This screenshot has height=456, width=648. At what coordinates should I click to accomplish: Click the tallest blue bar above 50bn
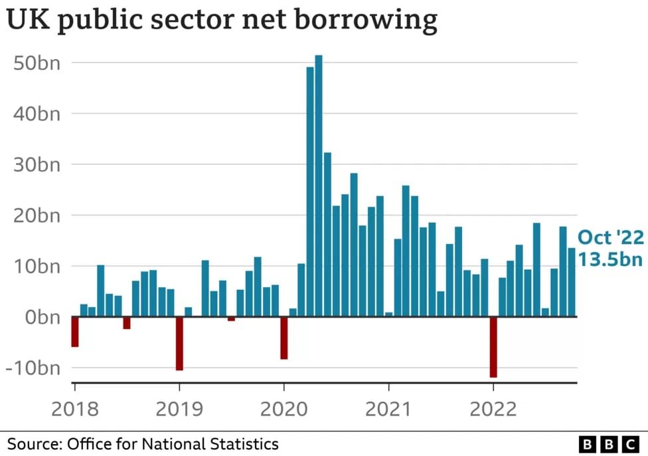point(319,186)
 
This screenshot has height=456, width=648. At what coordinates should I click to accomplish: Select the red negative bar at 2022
point(493,347)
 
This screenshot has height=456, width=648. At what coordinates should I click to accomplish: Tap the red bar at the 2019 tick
point(179,343)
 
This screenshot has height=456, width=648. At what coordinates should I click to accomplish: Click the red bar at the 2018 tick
point(75,332)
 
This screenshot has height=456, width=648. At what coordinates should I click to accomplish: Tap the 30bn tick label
point(37,164)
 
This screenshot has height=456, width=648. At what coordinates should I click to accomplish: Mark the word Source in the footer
point(32,443)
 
